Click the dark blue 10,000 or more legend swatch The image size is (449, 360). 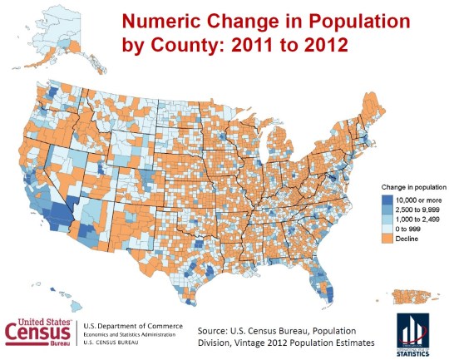[x=387, y=200]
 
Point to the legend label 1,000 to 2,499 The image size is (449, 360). [x=417, y=219]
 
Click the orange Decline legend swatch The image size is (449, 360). [x=387, y=239]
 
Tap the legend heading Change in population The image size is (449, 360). [x=413, y=188]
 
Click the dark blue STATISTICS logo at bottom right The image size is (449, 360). [x=412, y=333]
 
